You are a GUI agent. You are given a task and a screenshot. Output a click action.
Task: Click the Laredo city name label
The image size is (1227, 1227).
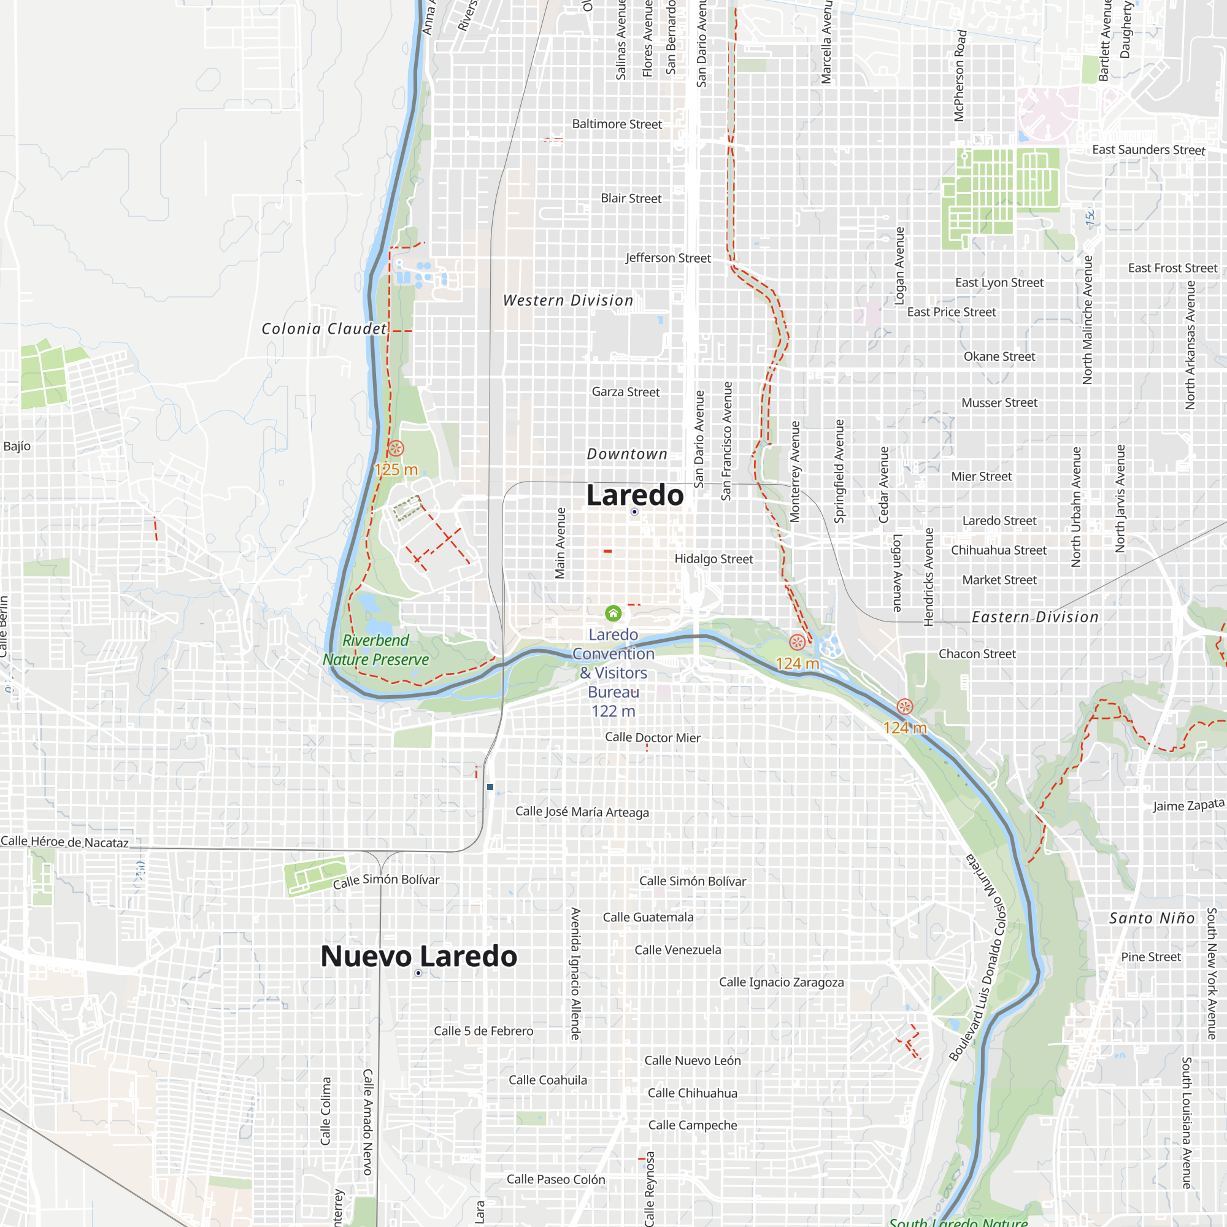(x=634, y=495)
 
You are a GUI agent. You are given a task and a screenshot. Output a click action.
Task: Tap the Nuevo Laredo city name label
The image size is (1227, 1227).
(x=418, y=956)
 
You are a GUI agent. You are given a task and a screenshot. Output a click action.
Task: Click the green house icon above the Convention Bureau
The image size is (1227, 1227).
(x=613, y=613)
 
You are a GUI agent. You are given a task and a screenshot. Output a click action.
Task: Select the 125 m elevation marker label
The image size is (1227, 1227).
(x=396, y=469)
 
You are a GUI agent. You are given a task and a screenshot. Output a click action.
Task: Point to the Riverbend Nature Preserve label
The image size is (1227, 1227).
(x=375, y=650)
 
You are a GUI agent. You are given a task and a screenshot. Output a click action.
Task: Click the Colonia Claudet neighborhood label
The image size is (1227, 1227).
(x=324, y=328)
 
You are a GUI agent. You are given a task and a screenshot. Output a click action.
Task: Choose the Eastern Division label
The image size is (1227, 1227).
(x=1034, y=617)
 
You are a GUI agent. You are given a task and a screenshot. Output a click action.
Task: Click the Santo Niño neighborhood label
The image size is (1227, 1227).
(x=1152, y=918)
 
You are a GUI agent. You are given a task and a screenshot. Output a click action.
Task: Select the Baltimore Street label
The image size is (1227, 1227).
(x=617, y=124)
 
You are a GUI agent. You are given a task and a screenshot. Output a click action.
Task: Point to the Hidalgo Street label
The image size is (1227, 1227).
(x=714, y=559)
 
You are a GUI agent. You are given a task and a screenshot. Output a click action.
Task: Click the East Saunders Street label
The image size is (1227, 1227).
(x=1148, y=150)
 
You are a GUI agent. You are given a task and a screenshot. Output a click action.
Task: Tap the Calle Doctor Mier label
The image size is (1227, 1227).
(x=652, y=737)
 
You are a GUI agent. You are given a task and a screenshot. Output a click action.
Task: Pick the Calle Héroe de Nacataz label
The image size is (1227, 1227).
(x=65, y=842)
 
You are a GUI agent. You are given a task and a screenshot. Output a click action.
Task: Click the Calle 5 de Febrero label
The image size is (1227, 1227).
(x=483, y=1031)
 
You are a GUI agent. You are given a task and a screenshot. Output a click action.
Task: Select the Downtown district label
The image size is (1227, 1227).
(x=627, y=454)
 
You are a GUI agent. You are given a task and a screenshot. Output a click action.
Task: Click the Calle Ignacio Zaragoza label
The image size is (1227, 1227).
(x=781, y=982)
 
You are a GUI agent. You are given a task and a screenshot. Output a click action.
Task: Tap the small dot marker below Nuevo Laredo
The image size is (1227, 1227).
(x=418, y=973)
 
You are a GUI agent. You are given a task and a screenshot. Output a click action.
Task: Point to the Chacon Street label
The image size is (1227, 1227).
(x=977, y=653)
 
